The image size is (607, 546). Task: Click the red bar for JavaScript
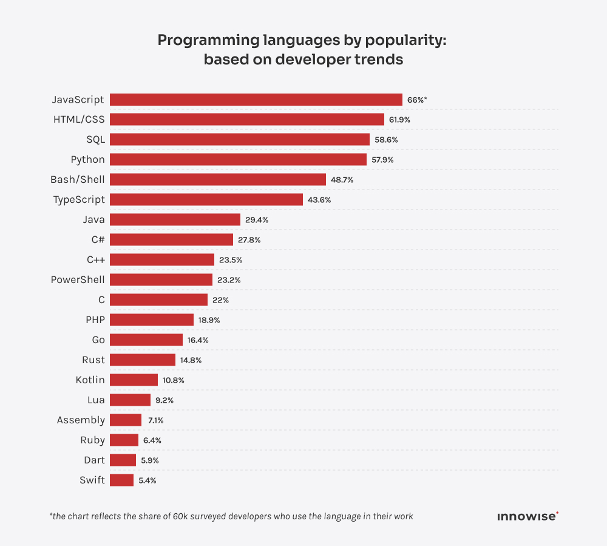256,100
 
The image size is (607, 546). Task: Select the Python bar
238,160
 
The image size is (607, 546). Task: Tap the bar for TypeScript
206,200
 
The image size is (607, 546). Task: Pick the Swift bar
121,480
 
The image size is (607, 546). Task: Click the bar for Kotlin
134,380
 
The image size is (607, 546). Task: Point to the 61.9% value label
399,120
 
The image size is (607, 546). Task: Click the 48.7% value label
342,180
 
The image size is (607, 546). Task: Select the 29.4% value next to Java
257,220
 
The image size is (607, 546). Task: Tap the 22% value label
220,300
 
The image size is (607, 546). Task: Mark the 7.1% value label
156,420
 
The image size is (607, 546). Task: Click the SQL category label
95,140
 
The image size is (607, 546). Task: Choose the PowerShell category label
78,280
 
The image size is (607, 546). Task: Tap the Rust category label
93,360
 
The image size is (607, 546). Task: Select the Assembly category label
81,420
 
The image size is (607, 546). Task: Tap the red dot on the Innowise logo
557,513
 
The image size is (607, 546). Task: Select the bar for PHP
152,320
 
